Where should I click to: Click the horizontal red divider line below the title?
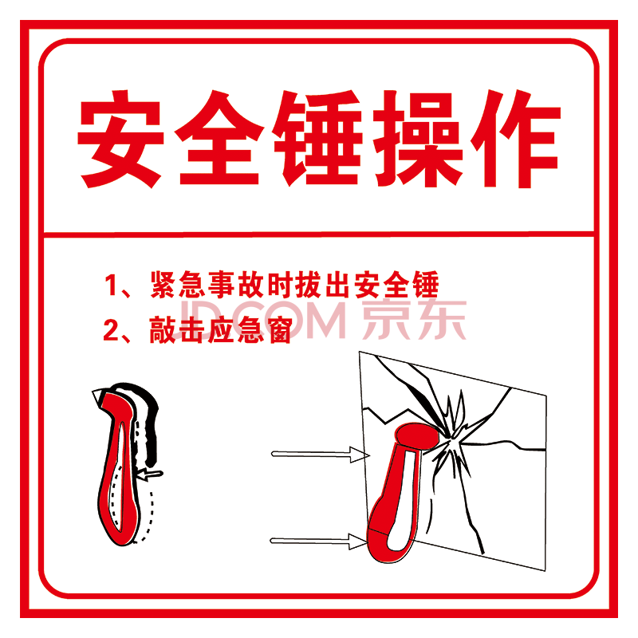pyautogui.click(x=319, y=234)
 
